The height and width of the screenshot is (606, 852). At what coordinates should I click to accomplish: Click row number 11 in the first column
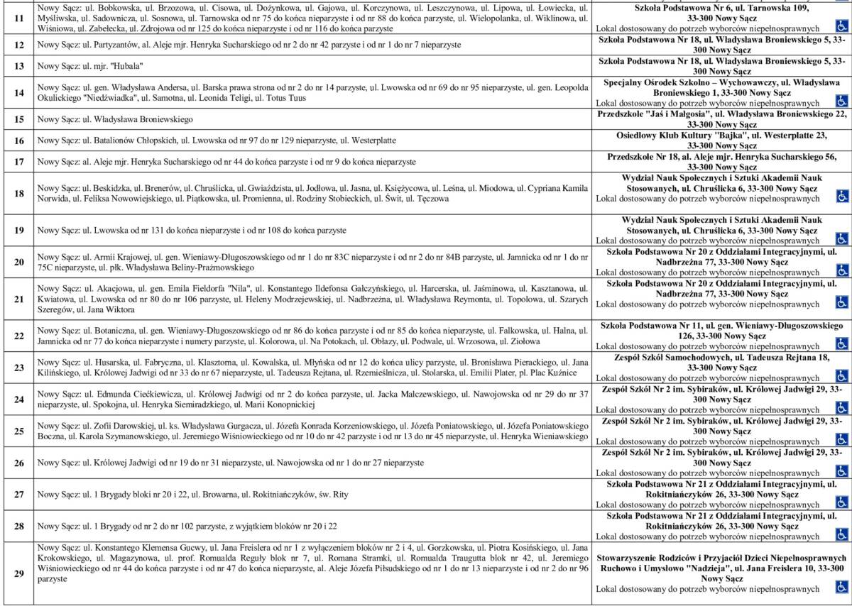pyautogui.click(x=19, y=18)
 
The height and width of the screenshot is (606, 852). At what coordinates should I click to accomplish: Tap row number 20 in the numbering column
pyautogui.click(x=19, y=262)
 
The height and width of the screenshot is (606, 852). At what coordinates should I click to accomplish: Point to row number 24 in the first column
pyautogui.click(x=19, y=399)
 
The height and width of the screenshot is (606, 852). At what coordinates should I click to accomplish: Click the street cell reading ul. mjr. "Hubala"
pyautogui.click(x=312, y=66)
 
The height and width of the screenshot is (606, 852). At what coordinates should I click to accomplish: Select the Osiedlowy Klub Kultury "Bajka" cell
pyautogui.click(x=721, y=140)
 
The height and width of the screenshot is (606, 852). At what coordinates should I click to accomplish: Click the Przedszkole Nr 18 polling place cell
pyautogui.click(x=721, y=161)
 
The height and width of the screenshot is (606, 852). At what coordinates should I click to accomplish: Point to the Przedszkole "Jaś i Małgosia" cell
pyautogui.click(x=721, y=119)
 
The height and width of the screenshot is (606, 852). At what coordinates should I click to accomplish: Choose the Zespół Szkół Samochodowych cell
pyautogui.click(x=721, y=367)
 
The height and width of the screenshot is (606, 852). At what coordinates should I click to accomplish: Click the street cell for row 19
pyautogui.click(x=312, y=230)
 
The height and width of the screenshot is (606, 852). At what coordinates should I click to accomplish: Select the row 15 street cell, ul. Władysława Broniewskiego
pyautogui.click(x=312, y=119)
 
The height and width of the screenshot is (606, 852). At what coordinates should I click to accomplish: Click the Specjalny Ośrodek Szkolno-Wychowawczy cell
pyautogui.click(x=721, y=92)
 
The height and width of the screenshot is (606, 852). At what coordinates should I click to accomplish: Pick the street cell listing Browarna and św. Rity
pyautogui.click(x=312, y=494)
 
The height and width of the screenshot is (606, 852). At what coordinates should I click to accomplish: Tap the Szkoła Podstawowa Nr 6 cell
pyautogui.click(x=721, y=18)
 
